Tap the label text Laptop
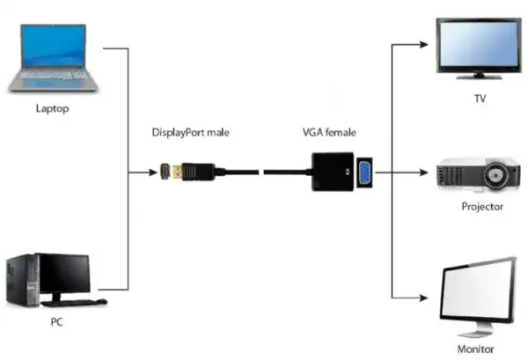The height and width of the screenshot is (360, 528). tap(52, 109)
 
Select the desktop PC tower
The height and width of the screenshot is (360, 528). tap(21, 280)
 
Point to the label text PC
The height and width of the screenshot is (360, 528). tap(55, 323)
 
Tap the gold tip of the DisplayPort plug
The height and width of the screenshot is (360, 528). tap(165, 173)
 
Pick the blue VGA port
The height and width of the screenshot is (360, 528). tap(361, 173)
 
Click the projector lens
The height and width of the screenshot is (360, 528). tap(500, 176)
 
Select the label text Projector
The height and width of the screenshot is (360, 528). tap(481, 207)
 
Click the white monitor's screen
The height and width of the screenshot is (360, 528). tap(480, 292)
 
